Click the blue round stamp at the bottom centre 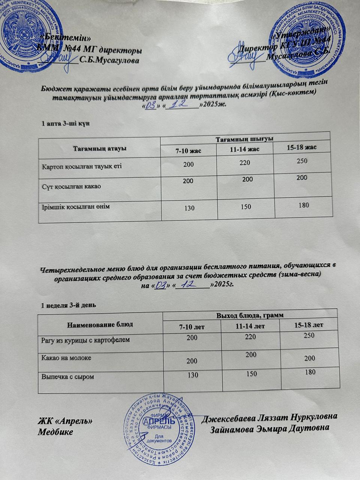[162, 431]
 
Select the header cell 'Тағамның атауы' [99, 148]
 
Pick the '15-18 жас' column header [301, 147]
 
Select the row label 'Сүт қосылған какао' [71, 186]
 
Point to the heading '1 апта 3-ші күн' [65, 123]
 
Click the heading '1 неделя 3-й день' [69, 305]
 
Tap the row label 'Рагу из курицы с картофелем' [85, 340]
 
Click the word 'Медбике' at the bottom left [56, 432]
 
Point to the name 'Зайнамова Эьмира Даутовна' [270, 428]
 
